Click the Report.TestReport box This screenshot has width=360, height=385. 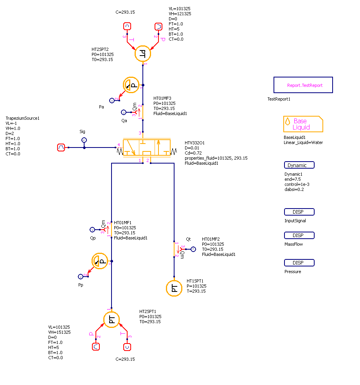point(303,85)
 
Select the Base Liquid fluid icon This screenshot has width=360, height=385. point(303,124)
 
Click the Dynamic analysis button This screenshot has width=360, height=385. point(299,165)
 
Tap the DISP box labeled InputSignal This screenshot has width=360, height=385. point(299,212)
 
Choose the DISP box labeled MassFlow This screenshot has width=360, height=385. point(299,236)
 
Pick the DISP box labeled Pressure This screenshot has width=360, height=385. point(299,263)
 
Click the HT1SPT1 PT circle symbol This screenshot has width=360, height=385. point(174,288)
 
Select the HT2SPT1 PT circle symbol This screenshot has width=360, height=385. point(112,320)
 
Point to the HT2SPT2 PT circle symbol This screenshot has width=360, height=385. point(143,54)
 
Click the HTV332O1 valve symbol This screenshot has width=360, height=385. point(147,148)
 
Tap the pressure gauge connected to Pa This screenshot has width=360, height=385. point(131,85)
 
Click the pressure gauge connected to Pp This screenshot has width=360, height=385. point(100,261)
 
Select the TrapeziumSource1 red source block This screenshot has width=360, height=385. point(61,148)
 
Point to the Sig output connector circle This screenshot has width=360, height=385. point(84,140)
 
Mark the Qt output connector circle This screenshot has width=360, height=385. point(193,249)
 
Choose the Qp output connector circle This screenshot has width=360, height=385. point(92,230)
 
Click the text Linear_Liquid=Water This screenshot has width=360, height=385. point(303,142)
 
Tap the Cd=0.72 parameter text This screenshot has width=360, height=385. point(193,153)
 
